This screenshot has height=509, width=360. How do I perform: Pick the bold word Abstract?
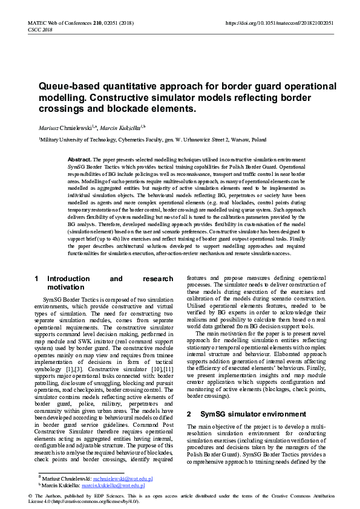(80, 159)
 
